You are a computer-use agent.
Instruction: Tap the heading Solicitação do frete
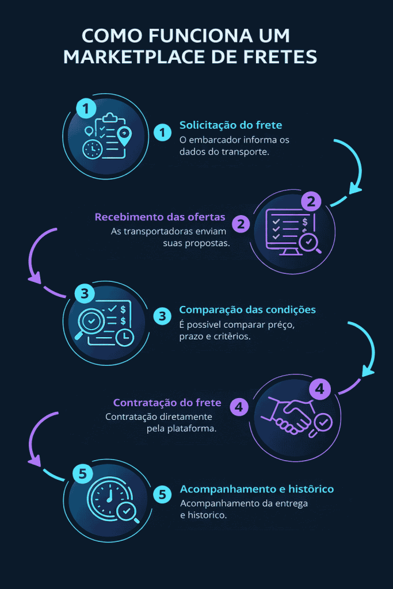pyautogui.click(x=231, y=125)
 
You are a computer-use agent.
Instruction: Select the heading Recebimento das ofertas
pyautogui.click(x=160, y=217)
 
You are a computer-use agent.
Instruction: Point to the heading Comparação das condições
pyautogui.click(x=247, y=309)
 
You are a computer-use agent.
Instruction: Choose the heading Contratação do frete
pyautogui.click(x=167, y=402)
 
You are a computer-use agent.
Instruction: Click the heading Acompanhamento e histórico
pyautogui.click(x=257, y=489)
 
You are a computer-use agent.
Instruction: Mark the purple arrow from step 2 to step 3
pyautogui.click(x=37, y=256)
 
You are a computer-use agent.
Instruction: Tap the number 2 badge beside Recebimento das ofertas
pyautogui.click(x=242, y=224)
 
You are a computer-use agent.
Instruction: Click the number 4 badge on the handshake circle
pyautogui.click(x=320, y=389)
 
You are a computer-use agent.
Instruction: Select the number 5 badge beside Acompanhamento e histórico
pyautogui.click(x=163, y=495)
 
